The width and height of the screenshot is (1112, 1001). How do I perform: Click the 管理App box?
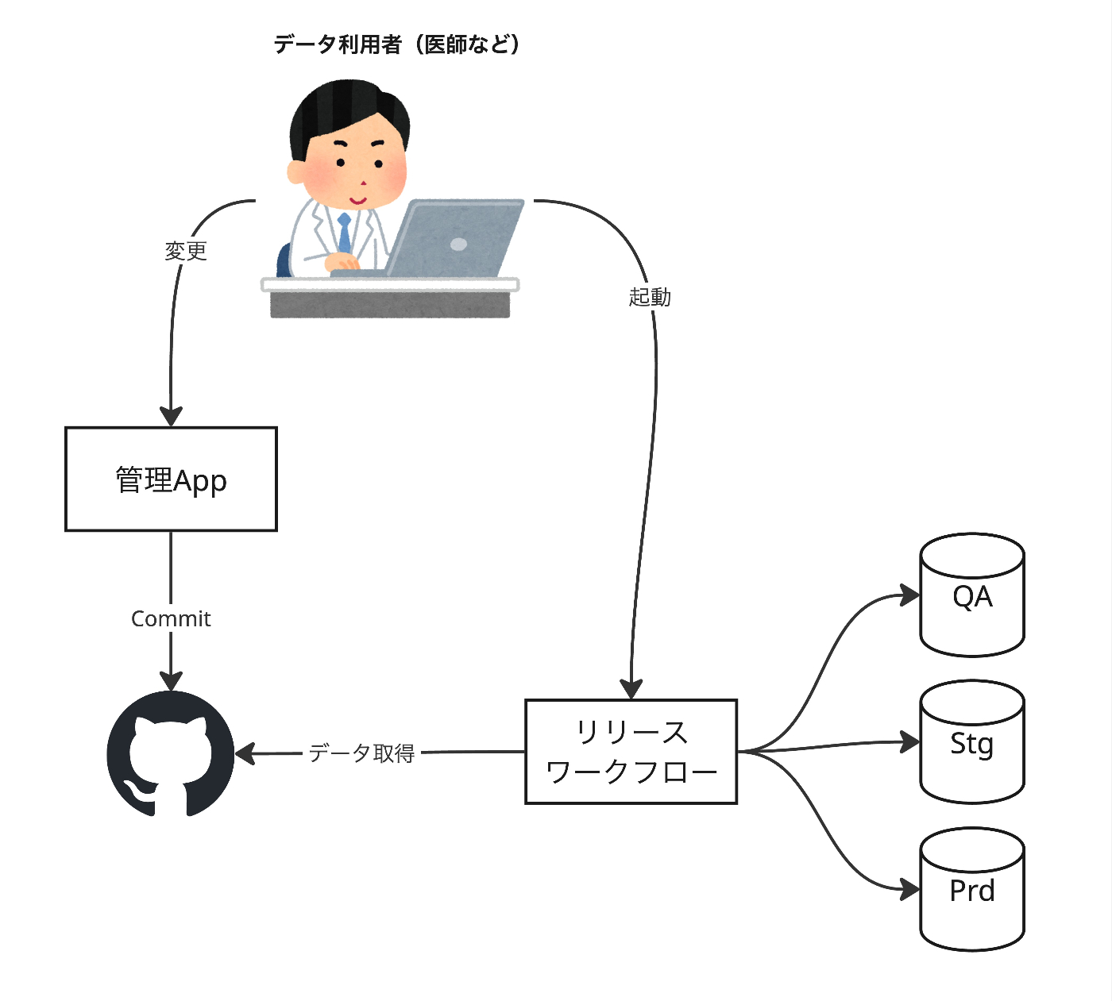[171, 479]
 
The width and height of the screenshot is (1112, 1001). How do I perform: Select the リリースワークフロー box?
[631, 751]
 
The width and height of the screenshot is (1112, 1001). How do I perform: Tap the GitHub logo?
[171, 753]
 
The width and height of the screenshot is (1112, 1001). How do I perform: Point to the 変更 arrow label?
[186, 251]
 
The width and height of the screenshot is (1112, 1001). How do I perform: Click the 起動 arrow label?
[650, 297]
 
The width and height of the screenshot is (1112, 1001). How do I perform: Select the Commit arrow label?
[171, 618]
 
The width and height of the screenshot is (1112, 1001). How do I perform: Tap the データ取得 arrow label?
[361, 753]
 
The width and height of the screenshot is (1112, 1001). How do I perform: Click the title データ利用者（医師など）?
[397, 44]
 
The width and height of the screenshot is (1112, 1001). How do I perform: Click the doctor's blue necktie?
[344, 233]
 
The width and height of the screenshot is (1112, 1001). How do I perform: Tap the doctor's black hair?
[349, 107]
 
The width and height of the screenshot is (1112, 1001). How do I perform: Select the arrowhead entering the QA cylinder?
[910, 595]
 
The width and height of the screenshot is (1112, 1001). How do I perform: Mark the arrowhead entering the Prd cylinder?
[910, 889]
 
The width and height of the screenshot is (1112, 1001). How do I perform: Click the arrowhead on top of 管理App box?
[171, 416]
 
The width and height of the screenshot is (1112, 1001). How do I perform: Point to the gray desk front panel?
[389, 305]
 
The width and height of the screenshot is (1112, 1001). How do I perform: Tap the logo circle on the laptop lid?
[458, 244]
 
